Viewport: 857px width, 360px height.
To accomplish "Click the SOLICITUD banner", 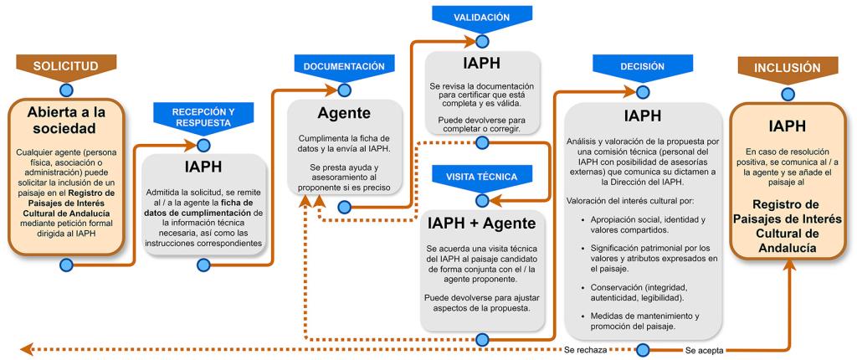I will pos(66,65).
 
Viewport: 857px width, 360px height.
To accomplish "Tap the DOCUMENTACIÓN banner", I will pos(344,65).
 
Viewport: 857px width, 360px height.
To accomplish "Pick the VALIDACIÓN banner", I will pos(481,15).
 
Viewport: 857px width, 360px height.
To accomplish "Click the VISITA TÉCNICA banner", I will pos(481,177).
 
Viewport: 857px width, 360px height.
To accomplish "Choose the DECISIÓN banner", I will pos(643,65).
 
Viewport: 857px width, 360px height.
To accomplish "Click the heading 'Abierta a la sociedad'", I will pos(67,120).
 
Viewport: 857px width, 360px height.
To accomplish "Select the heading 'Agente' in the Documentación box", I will pos(345,112).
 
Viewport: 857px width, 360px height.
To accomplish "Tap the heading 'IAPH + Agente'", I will pos(481,224).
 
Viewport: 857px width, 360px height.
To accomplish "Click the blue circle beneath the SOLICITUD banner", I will pos(66,89).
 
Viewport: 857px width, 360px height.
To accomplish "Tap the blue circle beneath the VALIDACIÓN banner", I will pos(481,39).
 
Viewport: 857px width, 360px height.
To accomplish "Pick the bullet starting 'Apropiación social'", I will pos(642,224).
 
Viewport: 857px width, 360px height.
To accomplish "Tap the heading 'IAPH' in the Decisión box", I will pos(643,115).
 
